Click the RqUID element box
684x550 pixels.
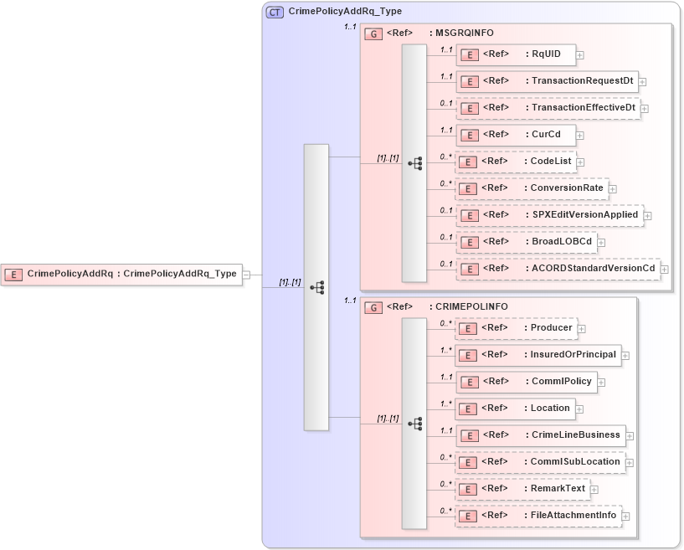pos(515,55)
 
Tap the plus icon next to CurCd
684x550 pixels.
pos(579,135)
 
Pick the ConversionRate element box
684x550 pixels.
pos(531,188)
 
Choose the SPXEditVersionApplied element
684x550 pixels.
pos(549,215)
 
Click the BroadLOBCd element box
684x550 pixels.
pos(526,242)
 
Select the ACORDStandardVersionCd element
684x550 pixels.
pos(557,269)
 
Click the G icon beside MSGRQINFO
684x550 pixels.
pos(374,33)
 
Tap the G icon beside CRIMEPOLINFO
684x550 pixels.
pos(374,307)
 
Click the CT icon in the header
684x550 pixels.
pos(275,13)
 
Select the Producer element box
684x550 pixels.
pos(516,328)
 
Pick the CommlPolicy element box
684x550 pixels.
pos(526,382)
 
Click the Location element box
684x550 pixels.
pos(515,409)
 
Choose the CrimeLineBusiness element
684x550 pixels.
pos(540,435)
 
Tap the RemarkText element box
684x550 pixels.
pos(522,489)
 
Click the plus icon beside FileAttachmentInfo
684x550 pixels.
pos(625,517)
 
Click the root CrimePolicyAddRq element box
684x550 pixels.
pos(121,274)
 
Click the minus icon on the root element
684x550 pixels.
pos(246,275)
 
